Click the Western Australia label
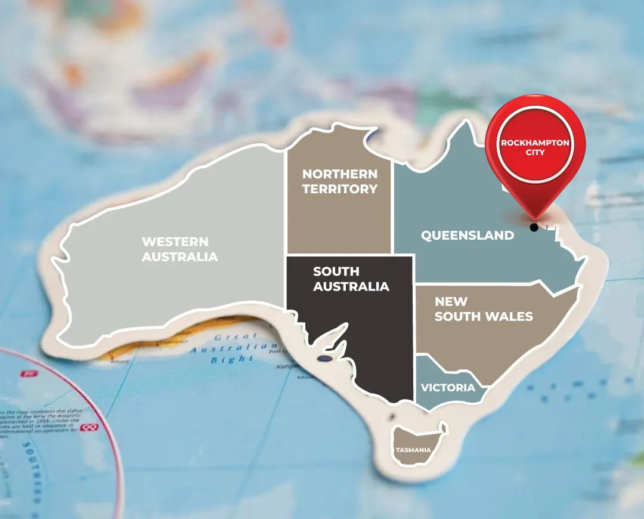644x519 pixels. coord(179,249)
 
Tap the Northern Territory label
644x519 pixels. coord(339,181)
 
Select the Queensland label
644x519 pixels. coord(467,235)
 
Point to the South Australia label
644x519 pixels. coord(351,279)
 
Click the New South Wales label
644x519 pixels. coord(483,309)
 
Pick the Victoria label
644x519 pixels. coord(448,388)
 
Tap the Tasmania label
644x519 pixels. coord(413,450)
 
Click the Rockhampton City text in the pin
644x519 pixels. coord(535,147)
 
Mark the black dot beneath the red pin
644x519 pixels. coord(534,227)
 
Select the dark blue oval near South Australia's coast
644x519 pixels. coord(324,359)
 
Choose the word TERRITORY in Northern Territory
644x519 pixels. coord(339,189)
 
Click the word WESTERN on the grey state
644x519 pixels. coord(175,242)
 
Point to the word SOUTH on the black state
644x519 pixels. coord(336,271)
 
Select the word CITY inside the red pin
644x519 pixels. coord(535,152)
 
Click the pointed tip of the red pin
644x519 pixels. coord(535,218)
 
